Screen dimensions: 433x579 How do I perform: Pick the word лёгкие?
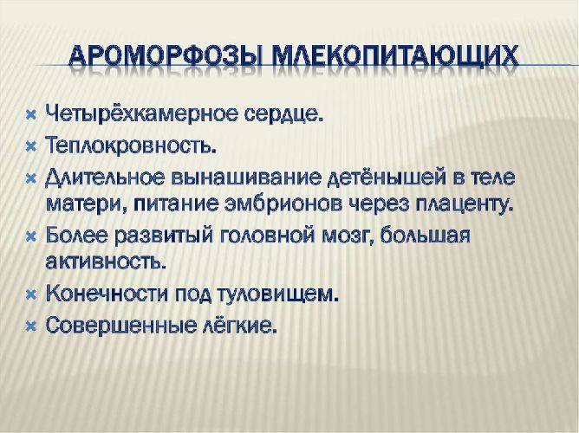point(248,326)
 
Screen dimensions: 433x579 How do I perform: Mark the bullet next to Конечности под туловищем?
point(29,294)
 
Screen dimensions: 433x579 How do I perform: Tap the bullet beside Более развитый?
point(29,236)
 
